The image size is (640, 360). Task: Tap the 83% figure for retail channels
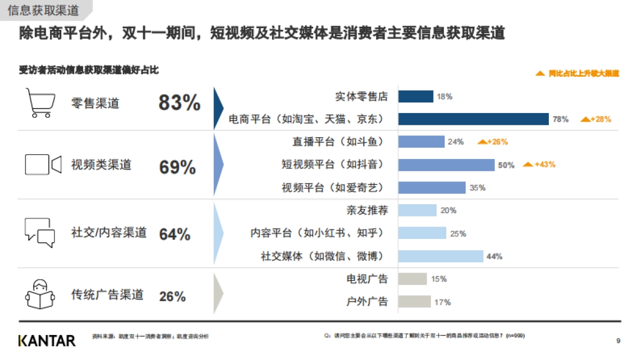point(179,102)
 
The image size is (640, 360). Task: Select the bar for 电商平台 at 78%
point(474,119)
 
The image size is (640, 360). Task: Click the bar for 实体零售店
point(415,97)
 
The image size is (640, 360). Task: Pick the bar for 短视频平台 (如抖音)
point(446,165)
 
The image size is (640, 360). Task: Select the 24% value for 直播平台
point(455,142)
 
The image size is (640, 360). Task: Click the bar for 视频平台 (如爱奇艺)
point(431,188)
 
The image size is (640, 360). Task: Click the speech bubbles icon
point(40,233)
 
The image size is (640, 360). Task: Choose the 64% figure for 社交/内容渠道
point(174,234)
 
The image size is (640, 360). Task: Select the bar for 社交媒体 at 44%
point(441,257)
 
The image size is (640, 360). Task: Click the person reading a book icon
point(40,294)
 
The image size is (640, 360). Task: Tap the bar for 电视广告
point(412,279)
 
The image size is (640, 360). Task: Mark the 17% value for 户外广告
point(442,302)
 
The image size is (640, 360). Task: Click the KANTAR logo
point(47,341)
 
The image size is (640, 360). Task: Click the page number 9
point(618,341)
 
